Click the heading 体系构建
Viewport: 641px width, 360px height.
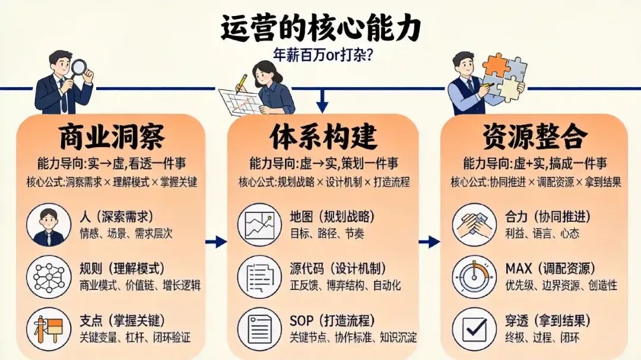click(x=323, y=137)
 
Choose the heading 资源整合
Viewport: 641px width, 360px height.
click(x=535, y=137)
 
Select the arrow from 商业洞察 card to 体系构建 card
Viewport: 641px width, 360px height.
click(x=217, y=241)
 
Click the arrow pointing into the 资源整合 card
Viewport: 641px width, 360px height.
click(x=429, y=241)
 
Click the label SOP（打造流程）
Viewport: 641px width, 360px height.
click(x=332, y=321)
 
